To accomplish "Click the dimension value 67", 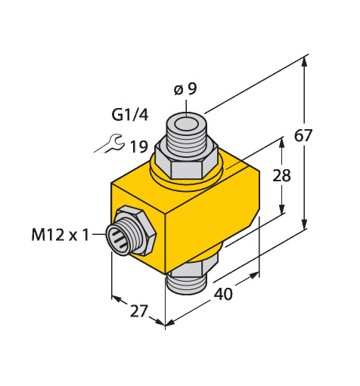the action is pyautogui.click(x=303, y=135).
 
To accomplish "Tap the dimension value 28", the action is pyautogui.click(x=281, y=175).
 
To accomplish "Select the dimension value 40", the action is pyautogui.click(x=223, y=294).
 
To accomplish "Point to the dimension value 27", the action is pyautogui.click(x=138, y=311).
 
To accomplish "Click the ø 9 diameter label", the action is pyautogui.click(x=185, y=89).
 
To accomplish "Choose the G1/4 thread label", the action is pyautogui.click(x=130, y=115).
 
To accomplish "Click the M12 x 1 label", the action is pyautogui.click(x=61, y=235).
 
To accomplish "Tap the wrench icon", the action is pyautogui.click(x=110, y=144).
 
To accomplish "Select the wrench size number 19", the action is pyautogui.click(x=138, y=147).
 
